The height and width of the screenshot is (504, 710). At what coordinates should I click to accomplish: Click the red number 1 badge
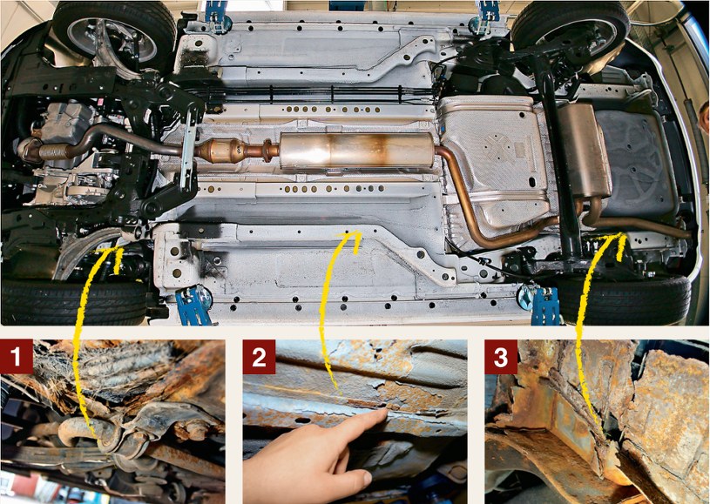coord(17,357)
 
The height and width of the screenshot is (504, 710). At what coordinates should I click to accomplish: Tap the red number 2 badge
coord(259,357)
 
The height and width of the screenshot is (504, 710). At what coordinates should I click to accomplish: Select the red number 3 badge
coord(501,357)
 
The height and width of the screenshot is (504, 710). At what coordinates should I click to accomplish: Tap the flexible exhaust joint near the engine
coord(53,151)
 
